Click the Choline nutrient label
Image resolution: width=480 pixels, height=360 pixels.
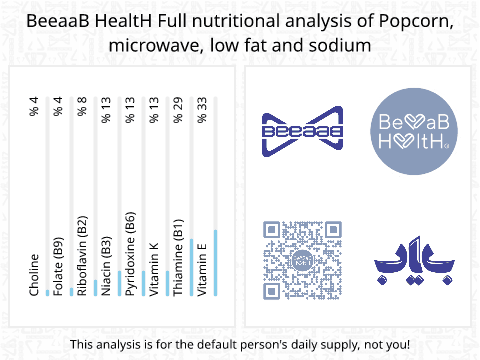[35, 275]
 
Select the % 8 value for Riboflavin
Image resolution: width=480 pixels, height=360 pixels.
[83, 105]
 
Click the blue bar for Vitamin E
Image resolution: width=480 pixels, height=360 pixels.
[214, 263]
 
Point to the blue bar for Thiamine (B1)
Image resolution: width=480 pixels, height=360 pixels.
[190, 267]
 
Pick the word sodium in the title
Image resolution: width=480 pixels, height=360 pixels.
[343, 46]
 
